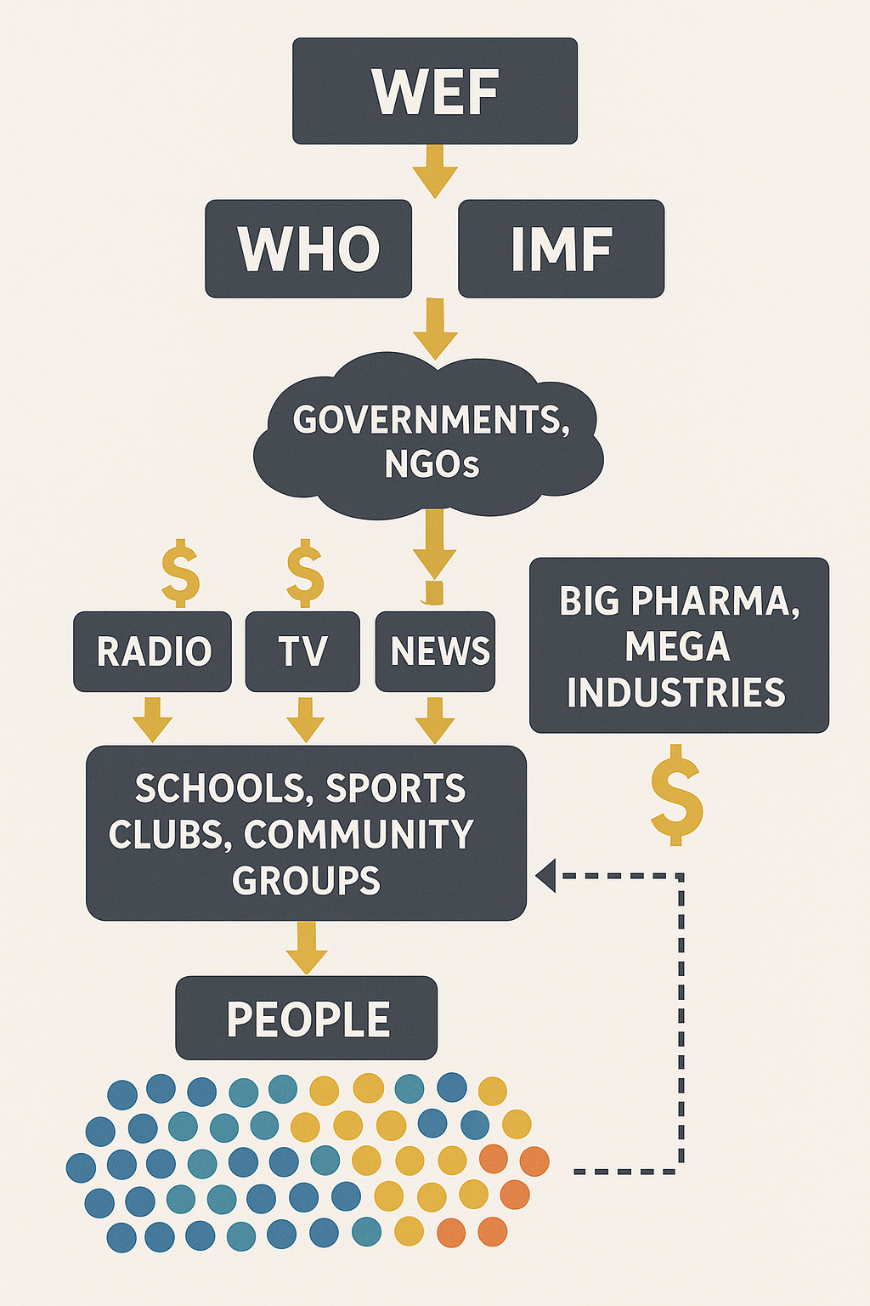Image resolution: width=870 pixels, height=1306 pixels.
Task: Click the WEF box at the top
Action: pos(435,91)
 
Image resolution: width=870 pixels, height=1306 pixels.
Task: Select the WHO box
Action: pos(308,249)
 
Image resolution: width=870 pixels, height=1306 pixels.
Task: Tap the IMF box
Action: pos(561,249)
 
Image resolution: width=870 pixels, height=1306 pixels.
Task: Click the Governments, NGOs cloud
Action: pos(431,440)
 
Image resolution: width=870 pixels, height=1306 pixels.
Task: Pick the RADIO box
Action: pos(153,651)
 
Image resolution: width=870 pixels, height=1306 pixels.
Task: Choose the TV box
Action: pos(302,651)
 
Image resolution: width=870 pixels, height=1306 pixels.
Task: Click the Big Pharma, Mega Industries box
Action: pos(678,646)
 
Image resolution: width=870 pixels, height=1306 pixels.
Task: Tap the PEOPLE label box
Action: pos(307,1019)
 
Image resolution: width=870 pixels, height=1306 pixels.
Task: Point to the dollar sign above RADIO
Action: pos(180,574)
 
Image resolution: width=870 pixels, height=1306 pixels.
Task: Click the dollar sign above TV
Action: pos(305,574)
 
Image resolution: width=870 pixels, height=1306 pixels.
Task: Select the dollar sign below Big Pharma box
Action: pos(676,795)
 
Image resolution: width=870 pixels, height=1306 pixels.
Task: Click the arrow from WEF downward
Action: pos(435,171)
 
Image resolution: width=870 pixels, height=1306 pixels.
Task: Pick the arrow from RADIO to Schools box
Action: pos(153,719)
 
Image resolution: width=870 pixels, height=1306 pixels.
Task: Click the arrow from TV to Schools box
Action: pos(305,719)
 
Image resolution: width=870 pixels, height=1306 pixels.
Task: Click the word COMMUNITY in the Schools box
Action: pos(359,835)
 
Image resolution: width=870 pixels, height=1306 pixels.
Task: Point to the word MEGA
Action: pos(677,647)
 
